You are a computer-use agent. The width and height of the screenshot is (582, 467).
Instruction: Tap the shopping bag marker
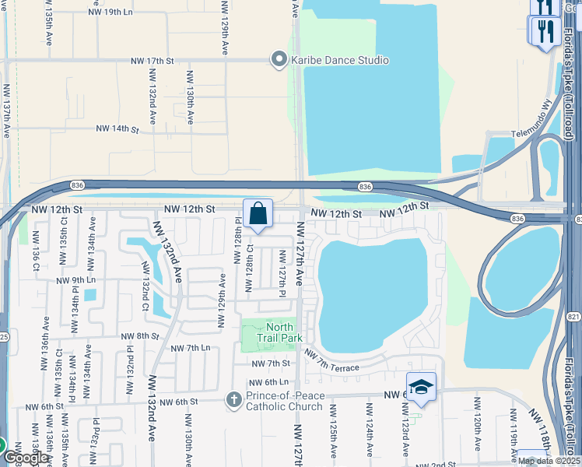[x=258, y=213]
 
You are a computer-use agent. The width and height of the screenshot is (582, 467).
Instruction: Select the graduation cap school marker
[x=421, y=386]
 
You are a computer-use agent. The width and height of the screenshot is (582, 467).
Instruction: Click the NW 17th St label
[x=149, y=60]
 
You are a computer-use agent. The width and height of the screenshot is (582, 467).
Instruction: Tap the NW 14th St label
[x=117, y=128]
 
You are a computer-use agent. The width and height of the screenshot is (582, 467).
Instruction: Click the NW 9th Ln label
[x=75, y=280]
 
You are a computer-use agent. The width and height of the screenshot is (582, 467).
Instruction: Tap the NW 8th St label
[x=139, y=335]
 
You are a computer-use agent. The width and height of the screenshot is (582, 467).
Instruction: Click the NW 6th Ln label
[x=268, y=382]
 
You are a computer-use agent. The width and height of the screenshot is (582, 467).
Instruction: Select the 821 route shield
[x=574, y=296]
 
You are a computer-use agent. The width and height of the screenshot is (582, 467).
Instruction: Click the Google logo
[x=25, y=458]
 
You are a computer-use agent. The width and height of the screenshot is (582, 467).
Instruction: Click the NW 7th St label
[x=270, y=363]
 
